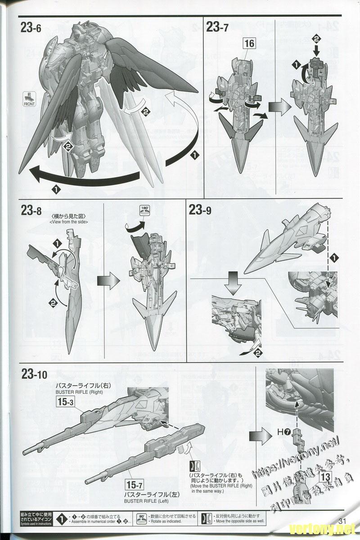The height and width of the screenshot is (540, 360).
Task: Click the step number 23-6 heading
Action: pos(31,27)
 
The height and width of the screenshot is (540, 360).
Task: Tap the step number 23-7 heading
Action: pos(217,27)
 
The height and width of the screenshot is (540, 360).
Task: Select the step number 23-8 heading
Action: pos(31,210)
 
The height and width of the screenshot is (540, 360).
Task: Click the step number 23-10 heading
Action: pos(34,373)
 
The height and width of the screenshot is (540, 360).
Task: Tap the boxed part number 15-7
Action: pos(135,485)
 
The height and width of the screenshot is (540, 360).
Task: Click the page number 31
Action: pos(345,522)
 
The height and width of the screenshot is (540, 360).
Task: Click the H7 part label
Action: pos(283,432)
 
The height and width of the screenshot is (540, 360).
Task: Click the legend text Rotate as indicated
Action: pos(164,521)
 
